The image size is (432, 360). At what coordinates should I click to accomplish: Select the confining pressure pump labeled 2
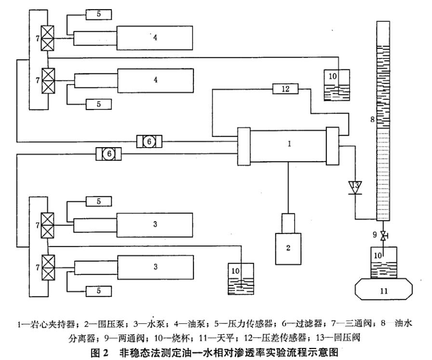pos(288,248)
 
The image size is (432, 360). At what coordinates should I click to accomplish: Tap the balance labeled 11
pos(384,290)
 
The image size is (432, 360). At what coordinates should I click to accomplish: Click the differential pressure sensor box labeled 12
pos(285,89)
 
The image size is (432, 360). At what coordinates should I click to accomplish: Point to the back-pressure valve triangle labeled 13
pos(356,186)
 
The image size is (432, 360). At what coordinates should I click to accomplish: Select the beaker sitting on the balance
pos(384,263)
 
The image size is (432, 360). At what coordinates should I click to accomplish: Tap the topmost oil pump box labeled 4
pos(155,38)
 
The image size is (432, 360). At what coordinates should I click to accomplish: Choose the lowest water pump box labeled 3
pos(155,267)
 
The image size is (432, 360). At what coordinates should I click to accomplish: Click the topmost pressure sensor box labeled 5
pos(99,14)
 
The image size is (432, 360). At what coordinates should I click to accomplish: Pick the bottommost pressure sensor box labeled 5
pos(99,291)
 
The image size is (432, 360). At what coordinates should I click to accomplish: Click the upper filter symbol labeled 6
pos(149,141)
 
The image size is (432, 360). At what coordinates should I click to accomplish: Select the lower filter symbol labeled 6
pos(109,153)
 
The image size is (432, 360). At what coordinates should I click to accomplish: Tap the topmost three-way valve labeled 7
pos(48,38)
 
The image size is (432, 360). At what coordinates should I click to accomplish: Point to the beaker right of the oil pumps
pos(337,85)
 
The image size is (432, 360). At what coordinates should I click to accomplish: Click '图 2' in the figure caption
pos(108,351)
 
